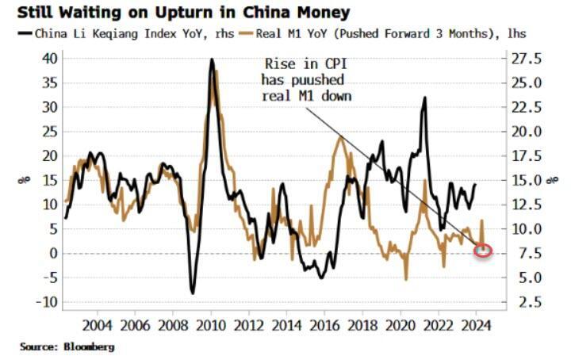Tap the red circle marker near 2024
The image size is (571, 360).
pyautogui.click(x=483, y=251)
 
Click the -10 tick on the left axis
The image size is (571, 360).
pyautogui.click(x=47, y=302)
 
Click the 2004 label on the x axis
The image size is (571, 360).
pyautogui.click(x=96, y=324)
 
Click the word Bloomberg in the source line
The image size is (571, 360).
pyautogui.click(x=88, y=347)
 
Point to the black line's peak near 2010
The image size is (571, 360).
pyautogui.click(x=212, y=59)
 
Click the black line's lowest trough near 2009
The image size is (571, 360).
pyautogui.click(x=192, y=293)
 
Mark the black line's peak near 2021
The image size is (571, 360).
pyautogui.click(x=425, y=98)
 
